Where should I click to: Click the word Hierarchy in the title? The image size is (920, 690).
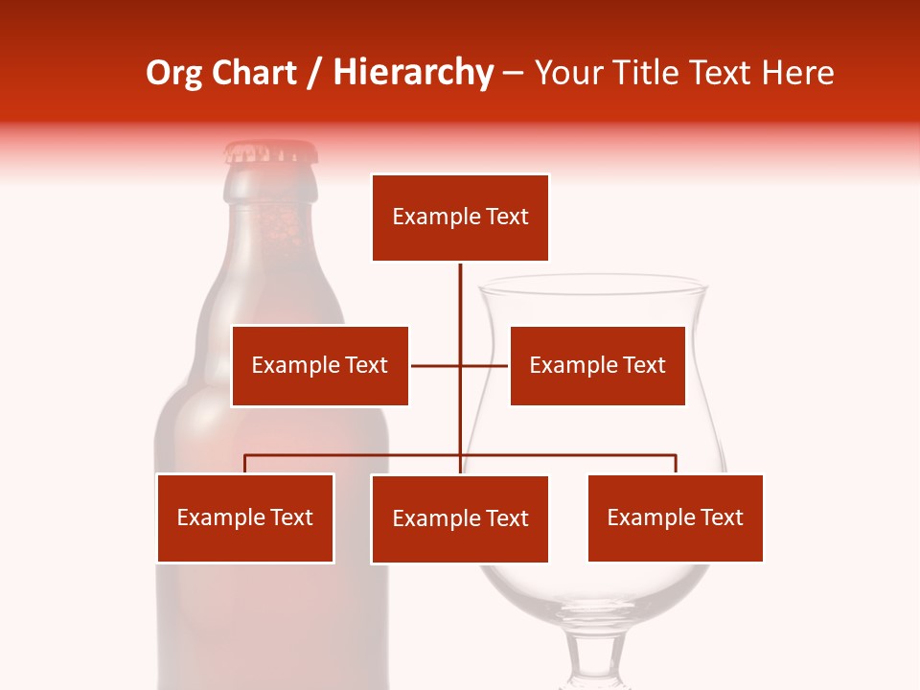[412, 73]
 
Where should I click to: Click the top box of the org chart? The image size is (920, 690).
[460, 218]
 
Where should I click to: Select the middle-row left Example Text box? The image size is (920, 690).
[320, 365]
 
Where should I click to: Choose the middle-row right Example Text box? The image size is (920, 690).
[597, 365]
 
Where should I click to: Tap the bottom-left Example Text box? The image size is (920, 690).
[245, 517]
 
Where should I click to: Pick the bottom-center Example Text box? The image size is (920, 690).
[460, 518]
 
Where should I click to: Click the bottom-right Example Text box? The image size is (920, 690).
[676, 517]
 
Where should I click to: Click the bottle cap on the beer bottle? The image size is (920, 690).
[270, 152]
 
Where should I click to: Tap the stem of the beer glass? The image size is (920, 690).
[593, 652]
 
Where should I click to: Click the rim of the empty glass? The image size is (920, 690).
[592, 284]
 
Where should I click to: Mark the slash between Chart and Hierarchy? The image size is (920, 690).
[314, 73]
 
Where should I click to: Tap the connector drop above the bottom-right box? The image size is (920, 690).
[676, 464]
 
